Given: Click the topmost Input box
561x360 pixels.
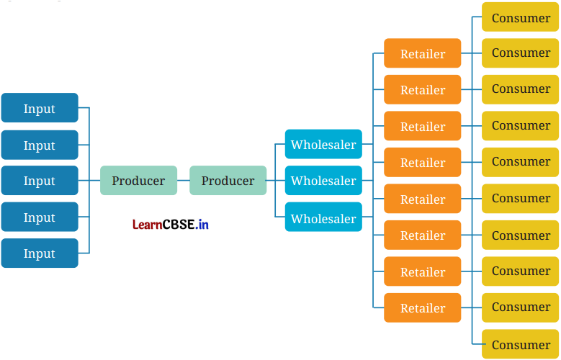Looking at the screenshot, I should point(40,108).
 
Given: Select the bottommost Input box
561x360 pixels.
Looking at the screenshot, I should point(40,253).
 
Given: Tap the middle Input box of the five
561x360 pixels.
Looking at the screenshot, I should point(40,181).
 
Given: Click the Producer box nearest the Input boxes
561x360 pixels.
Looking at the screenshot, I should point(138,181).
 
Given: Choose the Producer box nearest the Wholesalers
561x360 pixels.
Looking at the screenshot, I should point(228,181).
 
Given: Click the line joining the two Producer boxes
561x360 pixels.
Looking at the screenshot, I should point(183,181).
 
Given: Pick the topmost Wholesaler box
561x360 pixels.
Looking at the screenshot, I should point(323,144).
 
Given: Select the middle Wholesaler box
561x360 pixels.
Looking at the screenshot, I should point(323,181).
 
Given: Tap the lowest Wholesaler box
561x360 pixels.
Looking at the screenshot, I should point(323,217).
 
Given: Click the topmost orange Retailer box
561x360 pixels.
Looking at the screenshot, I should point(422,53).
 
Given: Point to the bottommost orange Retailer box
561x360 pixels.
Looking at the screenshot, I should point(422,308).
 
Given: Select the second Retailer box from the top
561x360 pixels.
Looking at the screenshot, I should point(422,90).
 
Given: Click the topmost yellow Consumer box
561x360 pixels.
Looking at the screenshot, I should point(520,17).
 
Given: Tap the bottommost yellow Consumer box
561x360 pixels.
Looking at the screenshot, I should point(520,344).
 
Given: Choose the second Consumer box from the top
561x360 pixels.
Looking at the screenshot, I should point(520,53).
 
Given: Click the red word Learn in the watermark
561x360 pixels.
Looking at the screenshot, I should point(146,225).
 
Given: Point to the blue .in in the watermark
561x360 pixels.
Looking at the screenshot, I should point(202,225).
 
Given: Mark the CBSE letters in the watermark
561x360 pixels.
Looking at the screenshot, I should point(178,225).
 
